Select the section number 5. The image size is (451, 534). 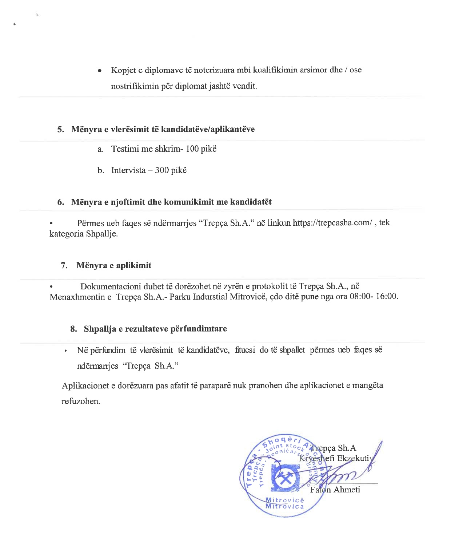[60, 130]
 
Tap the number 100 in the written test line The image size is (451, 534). [192, 149]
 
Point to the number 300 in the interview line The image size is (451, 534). [161, 170]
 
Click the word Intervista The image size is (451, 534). [128, 170]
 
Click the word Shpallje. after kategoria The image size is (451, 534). [102, 234]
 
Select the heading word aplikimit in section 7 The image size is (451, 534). [133, 265]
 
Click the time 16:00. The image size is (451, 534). [387, 296]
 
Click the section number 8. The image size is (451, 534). [73, 329]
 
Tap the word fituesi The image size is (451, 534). [245, 350]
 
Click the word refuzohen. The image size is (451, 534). [81, 402]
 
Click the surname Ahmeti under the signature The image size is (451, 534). [347, 490]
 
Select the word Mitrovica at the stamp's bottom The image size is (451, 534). [284, 506]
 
